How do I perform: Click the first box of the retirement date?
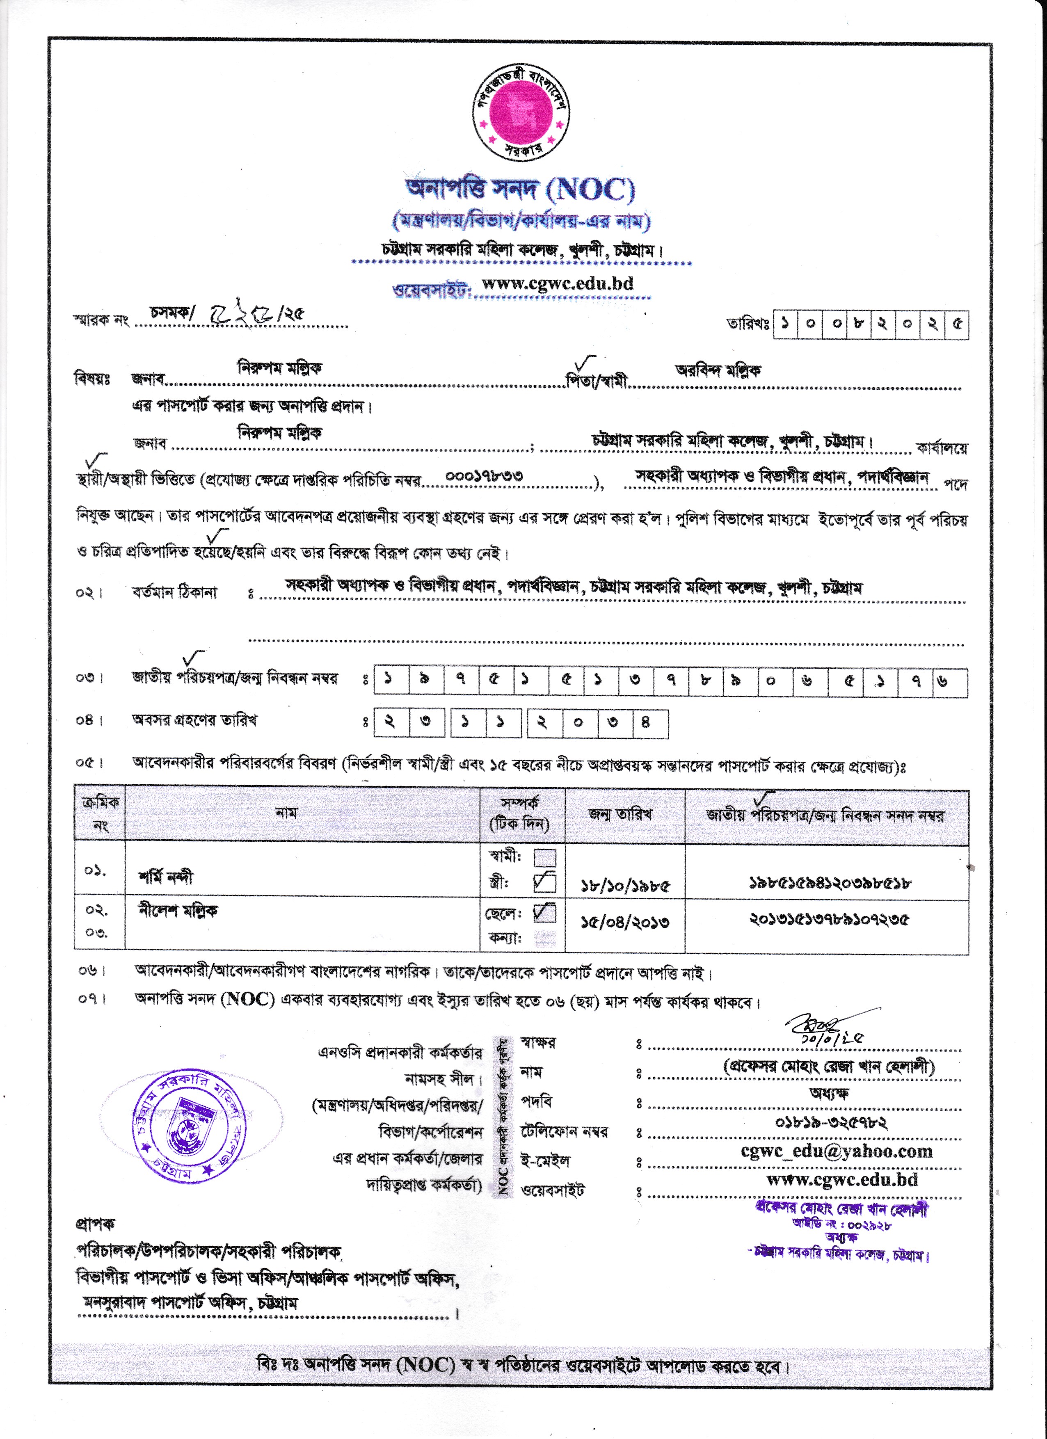click(390, 723)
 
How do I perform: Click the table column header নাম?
click(286, 813)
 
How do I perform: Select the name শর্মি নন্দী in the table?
click(166, 877)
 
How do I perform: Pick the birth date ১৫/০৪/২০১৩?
click(625, 922)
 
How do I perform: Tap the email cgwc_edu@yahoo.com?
click(837, 1151)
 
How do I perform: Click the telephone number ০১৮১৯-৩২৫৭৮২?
click(831, 1122)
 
